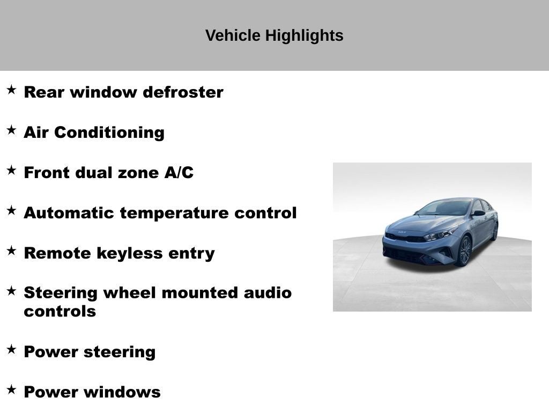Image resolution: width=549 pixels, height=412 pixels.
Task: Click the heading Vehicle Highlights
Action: [x=274, y=35]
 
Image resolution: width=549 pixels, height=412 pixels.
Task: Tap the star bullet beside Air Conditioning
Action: [x=11, y=130]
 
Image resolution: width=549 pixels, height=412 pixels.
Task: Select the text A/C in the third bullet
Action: [x=179, y=173]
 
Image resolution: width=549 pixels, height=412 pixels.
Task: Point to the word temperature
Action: [x=175, y=213]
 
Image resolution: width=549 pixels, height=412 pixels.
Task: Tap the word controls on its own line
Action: [x=60, y=311]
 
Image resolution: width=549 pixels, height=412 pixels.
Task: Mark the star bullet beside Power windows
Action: [x=11, y=389]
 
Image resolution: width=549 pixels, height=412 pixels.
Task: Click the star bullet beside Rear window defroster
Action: [x=11, y=90]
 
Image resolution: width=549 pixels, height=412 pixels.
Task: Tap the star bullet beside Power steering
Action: [x=11, y=349]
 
